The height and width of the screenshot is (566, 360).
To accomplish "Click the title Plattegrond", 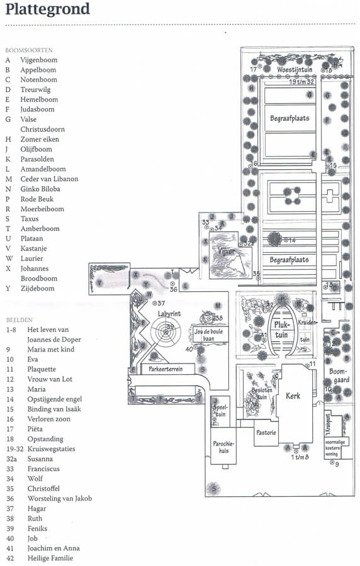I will pyautogui.click(x=47, y=9).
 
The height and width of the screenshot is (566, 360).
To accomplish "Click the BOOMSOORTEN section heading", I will pyautogui.click(x=29, y=50).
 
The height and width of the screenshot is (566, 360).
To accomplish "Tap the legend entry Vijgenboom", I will pyautogui.click(x=38, y=60).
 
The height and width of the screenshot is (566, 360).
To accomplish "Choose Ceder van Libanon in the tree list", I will pyautogui.click(x=49, y=179).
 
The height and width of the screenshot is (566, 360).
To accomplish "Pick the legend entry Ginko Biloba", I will pyautogui.click(x=40, y=189).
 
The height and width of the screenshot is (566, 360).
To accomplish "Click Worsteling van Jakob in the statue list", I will pyautogui.click(x=60, y=499).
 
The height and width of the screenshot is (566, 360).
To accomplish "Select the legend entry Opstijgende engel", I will pyautogui.click(x=55, y=399).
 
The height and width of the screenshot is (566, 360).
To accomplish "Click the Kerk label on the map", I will pyautogui.click(x=294, y=396).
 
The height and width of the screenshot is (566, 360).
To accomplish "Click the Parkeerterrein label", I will pyautogui.click(x=166, y=369).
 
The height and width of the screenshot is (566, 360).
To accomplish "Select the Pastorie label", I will pyautogui.click(x=266, y=433).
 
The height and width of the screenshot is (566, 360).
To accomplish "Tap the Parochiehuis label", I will pyautogui.click(x=220, y=447).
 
